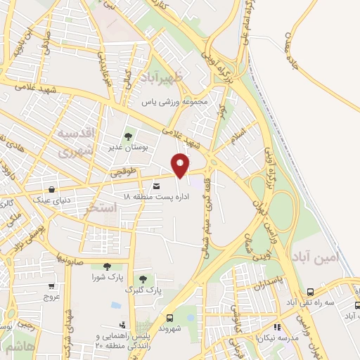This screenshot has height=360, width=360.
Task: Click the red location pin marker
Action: click(x=181, y=165)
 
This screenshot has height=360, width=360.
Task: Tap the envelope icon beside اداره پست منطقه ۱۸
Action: click(x=156, y=186)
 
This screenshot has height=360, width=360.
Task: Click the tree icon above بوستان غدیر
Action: click(x=127, y=136)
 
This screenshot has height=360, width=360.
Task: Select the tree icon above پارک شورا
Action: click(x=107, y=266)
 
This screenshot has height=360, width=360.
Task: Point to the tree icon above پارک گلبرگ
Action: click(x=143, y=280)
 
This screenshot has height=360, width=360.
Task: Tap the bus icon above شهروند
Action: click(x=169, y=317)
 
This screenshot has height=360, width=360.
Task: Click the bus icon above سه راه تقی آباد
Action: click(x=310, y=292)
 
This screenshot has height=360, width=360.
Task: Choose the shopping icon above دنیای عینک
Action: click(x=53, y=189)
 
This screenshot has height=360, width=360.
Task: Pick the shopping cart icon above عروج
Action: click(x=51, y=286)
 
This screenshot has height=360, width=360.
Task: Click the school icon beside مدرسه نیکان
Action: click(x=277, y=327)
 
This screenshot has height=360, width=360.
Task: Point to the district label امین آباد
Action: click(x=338, y=258)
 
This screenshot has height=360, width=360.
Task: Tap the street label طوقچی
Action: click(x=120, y=172)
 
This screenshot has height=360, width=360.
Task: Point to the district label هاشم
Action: click(x=15, y=347)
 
